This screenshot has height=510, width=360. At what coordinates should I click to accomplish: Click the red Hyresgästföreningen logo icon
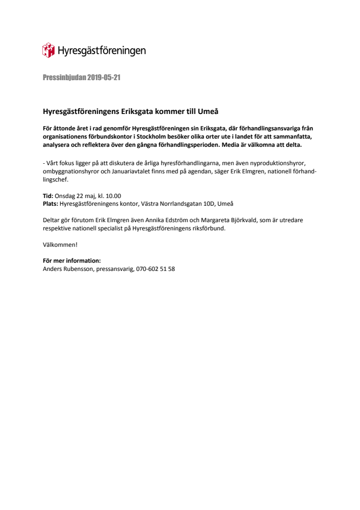[x=49, y=50]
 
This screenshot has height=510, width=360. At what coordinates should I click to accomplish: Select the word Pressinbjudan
[x=64, y=78]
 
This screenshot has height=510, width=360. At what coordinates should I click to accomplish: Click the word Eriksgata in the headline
[x=138, y=112]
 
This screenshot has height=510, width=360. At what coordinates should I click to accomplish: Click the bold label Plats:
[x=50, y=204]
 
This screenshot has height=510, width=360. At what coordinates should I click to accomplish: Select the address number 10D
[x=207, y=204]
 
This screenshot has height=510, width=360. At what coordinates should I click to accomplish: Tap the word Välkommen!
[x=60, y=244]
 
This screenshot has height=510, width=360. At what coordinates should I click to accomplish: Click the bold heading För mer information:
[x=71, y=261]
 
